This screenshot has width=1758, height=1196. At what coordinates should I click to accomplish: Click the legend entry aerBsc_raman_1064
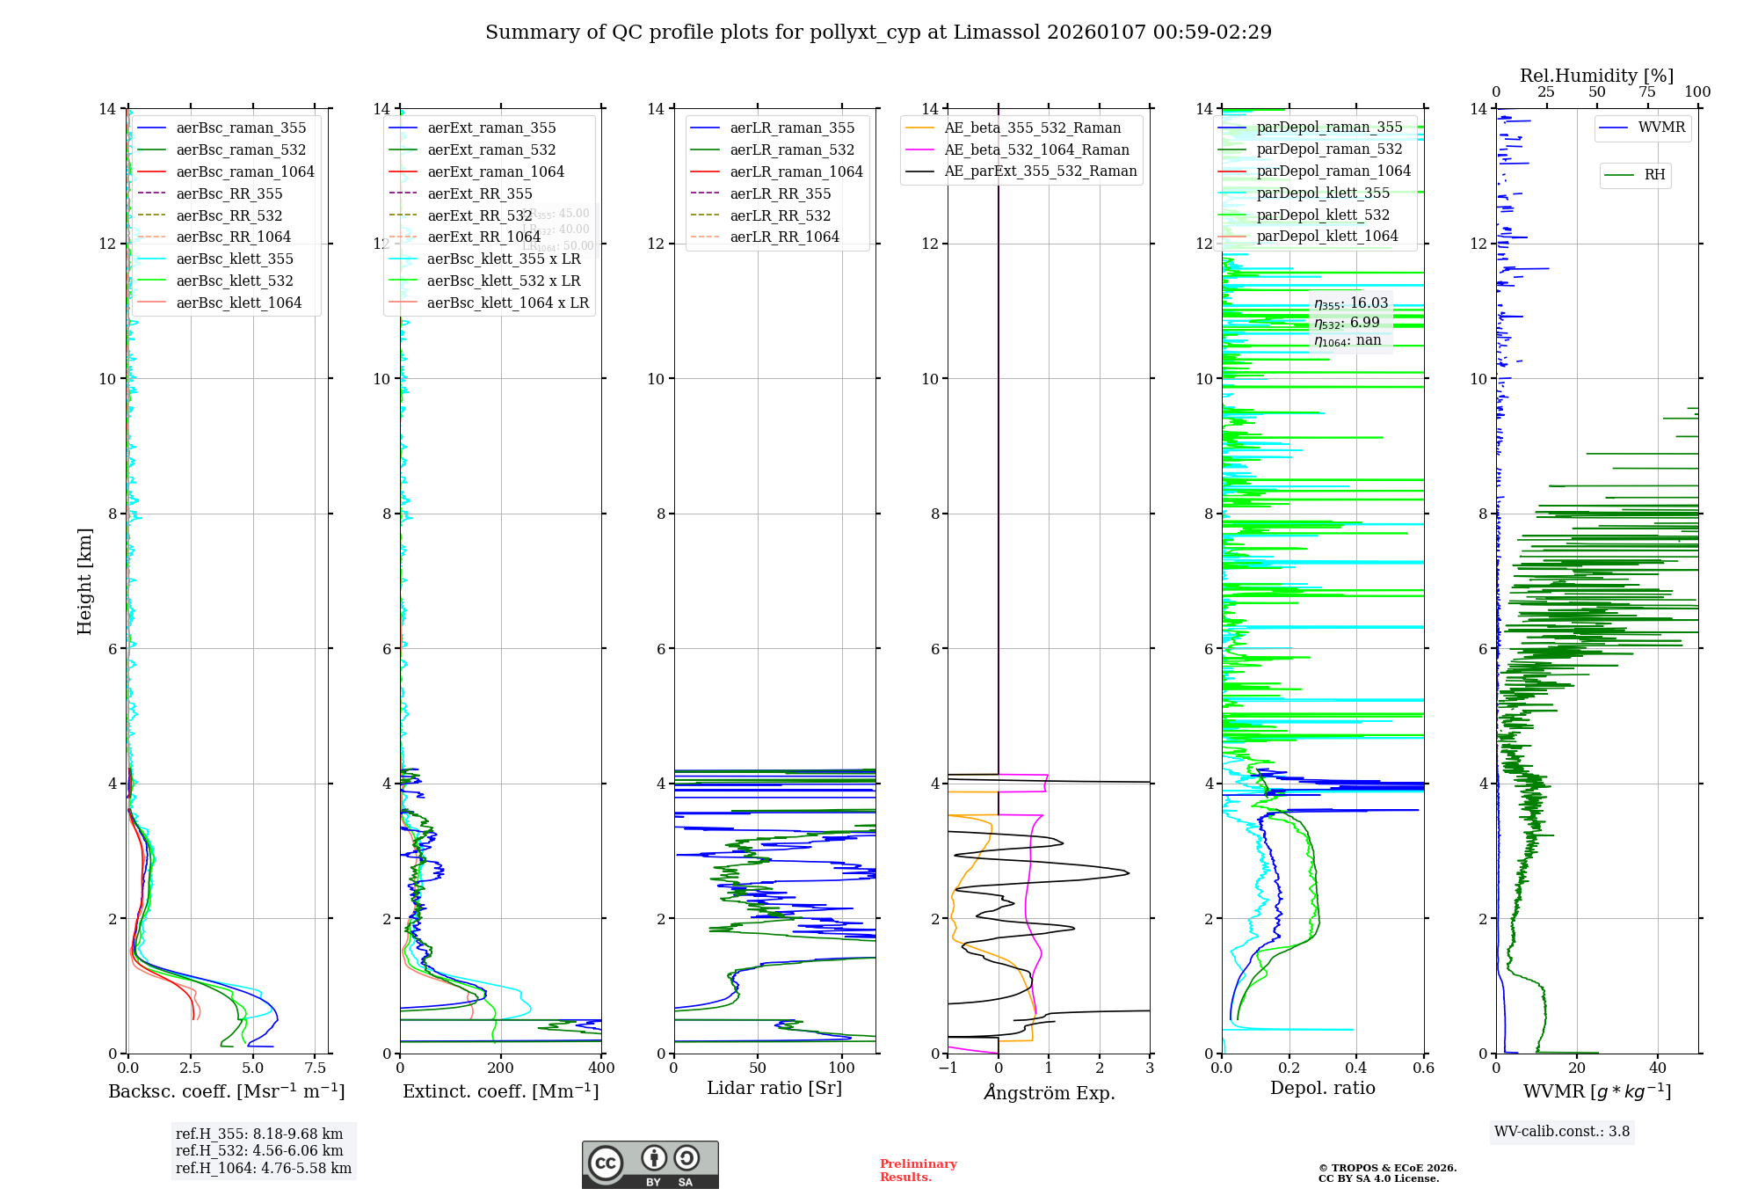244,171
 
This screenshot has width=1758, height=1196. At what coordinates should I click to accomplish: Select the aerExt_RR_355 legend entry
479,193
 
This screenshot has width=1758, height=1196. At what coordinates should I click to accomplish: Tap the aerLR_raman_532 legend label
791,149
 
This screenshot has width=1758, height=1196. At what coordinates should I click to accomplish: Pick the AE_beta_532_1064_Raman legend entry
1036,149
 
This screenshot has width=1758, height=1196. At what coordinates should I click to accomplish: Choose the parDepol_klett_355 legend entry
1323,193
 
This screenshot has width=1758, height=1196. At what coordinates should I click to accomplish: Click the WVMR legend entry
1661,128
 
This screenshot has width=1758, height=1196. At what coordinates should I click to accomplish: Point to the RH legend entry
1654,175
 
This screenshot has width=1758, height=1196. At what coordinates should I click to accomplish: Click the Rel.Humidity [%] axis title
1596,76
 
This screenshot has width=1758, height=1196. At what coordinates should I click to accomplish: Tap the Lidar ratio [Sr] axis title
774,1088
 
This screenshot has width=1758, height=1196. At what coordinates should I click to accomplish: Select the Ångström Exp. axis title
1049,1092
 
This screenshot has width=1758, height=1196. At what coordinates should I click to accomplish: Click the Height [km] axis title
84,580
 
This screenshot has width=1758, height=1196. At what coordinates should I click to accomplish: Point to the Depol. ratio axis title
1322,1088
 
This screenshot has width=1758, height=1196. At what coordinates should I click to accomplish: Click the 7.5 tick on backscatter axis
315,1068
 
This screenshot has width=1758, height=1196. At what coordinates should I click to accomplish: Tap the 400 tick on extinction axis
601,1068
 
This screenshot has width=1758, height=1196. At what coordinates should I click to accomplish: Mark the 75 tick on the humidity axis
1646,92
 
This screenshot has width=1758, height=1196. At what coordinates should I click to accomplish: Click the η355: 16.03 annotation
1351,303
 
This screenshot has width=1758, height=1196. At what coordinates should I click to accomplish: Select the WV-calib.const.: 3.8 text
1562,1132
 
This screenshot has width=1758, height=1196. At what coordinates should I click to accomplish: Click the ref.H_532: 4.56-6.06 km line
259,1150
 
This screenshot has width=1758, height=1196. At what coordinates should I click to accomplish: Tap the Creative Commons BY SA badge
650,1164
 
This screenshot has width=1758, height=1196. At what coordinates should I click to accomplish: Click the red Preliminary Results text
918,1170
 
